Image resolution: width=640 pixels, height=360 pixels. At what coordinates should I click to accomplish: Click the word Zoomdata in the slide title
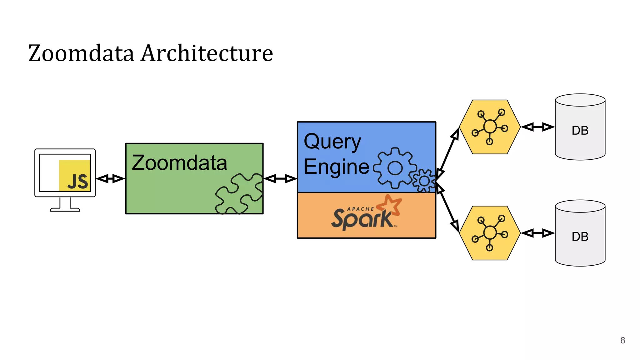click(x=81, y=53)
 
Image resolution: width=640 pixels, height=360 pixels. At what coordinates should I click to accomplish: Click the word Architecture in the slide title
click(x=207, y=53)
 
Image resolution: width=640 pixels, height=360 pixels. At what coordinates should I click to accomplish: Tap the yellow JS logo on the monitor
click(x=75, y=176)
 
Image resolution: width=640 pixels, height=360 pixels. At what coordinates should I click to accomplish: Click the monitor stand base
click(x=65, y=209)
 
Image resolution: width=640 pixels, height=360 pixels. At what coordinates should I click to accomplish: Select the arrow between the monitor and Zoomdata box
click(x=110, y=179)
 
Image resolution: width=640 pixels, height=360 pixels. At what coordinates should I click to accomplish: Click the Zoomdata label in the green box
click(x=179, y=163)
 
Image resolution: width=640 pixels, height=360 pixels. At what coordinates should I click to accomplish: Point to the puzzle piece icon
click(x=239, y=194)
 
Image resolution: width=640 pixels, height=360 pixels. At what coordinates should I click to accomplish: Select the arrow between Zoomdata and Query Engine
click(x=280, y=179)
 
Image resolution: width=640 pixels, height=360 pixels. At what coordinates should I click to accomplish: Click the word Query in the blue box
click(x=332, y=142)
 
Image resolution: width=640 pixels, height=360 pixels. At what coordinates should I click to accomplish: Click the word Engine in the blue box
click(x=337, y=167)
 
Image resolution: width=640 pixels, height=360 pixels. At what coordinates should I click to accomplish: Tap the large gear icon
click(x=395, y=168)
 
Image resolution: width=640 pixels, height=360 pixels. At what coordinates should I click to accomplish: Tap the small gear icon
click(x=424, y=181)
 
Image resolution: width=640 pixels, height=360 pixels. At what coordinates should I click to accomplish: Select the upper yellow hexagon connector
click(x=490, y=127)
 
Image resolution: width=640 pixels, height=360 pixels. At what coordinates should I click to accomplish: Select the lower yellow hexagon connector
click(x=490, y=233)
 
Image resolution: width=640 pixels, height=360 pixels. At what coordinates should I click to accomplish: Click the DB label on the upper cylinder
click(x=580, y=131)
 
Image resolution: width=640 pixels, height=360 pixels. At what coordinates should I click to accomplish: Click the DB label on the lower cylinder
click(x=580, y=237)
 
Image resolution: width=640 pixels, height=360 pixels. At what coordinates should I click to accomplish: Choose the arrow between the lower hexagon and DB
click(x=538, y=233)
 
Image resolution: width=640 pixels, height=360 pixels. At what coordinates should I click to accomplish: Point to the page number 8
click(x=622, y=340)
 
